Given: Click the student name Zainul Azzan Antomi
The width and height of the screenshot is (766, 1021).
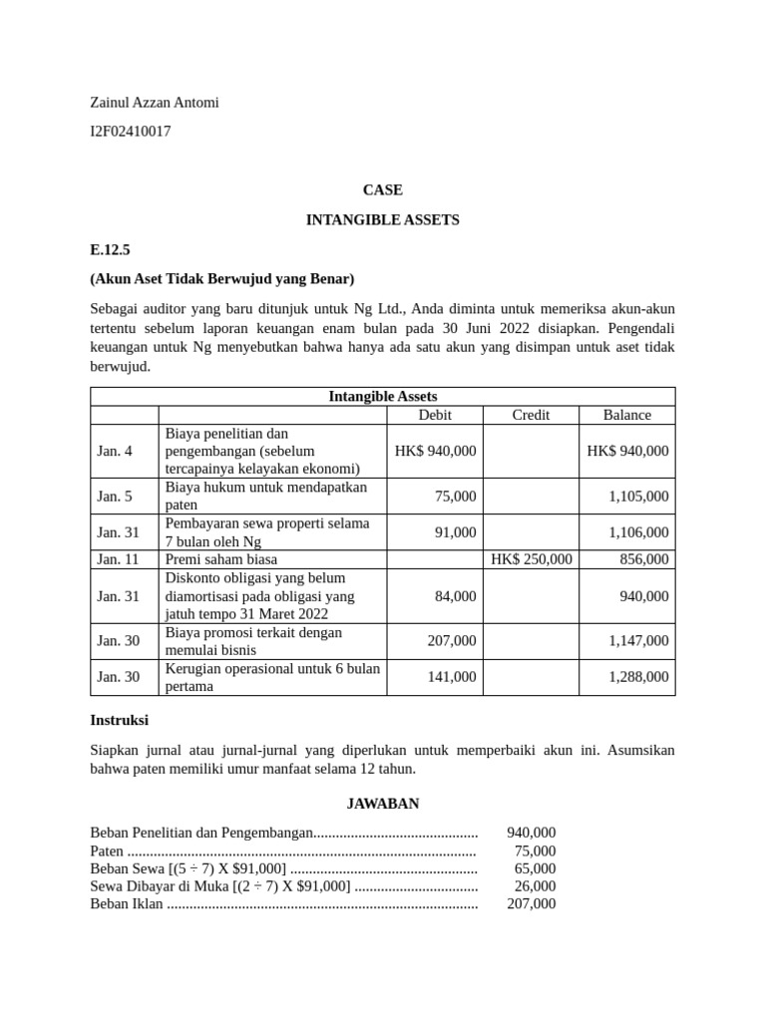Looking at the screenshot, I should click(x=154, y=102).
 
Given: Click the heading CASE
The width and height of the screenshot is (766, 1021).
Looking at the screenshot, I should click(x=382, y=189).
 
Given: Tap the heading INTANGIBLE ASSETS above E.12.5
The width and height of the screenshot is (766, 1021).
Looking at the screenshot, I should click(x=382, y=219).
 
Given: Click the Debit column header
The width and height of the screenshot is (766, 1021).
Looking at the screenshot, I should click(x=435, y=415).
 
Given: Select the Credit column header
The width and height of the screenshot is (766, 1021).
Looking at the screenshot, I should click(x=531, y=415).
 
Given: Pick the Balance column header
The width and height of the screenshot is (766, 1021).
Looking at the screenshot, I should click(x=626, y=415).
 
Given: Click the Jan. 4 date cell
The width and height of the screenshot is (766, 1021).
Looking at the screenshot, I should click(x=115, y=451).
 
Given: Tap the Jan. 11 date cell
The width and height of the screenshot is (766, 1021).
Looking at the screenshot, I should click(x=118, y=559).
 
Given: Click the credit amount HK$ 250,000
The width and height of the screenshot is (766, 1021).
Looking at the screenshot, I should click(x=532, y=559).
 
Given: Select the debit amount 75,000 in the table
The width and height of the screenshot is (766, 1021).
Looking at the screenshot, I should click(x=455, y=497).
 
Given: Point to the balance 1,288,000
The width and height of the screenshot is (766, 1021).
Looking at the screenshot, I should click(x=638, y=677).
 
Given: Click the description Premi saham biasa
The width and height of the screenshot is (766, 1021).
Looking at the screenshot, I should click(x=221, y=559).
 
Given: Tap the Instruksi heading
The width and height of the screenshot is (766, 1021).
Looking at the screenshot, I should click(x=119, y=719).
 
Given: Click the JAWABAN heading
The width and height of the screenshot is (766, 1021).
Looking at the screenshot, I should click(x=382, y=803).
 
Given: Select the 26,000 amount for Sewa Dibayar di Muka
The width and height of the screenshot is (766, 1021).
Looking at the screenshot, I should click(x=536, y=885).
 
